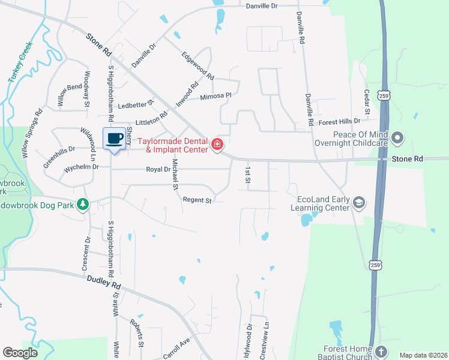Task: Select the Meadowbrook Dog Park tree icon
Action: pos(83,205)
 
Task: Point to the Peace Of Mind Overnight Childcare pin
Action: pos(397,139)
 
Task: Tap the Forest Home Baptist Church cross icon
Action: pos(382,350)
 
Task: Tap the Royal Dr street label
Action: pos(158,169)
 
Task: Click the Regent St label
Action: pos(197,200)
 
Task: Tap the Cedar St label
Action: pos(366,103)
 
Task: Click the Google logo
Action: pos(20,353)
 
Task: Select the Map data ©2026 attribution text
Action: pos(423,355)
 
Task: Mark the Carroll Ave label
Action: pos(176,348)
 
